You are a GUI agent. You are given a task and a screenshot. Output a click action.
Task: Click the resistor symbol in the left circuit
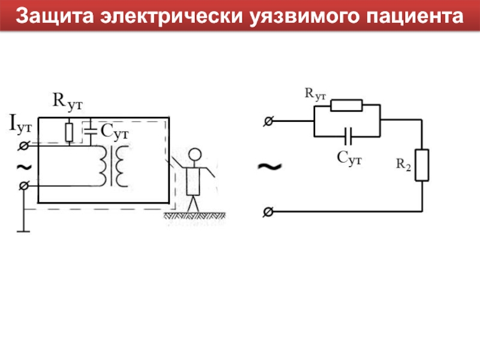(70, 131)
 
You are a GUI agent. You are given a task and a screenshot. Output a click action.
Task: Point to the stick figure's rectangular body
(193, 180)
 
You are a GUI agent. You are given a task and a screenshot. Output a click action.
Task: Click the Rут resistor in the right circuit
(347, 106)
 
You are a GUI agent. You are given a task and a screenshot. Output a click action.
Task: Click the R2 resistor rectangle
(422, 166)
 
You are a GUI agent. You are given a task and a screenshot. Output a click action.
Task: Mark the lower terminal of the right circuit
(268, 211)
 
